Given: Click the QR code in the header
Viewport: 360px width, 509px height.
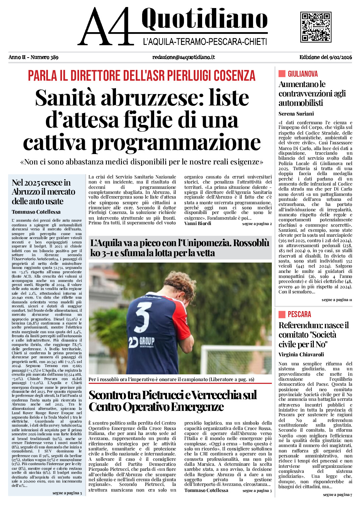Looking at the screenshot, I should point(316,27).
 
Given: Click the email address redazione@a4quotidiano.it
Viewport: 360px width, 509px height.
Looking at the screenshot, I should point(183,57).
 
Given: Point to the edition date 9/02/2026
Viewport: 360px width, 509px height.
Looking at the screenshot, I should point(341,57).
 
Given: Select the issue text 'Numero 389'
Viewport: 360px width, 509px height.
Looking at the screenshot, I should point(44,57).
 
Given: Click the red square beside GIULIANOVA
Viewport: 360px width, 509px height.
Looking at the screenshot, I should point(282,74).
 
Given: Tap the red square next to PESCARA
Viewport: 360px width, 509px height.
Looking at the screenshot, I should point(282,314).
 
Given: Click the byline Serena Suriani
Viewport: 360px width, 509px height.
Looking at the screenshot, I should point(296,114).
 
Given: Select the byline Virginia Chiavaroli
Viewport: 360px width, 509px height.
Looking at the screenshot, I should point(301,354).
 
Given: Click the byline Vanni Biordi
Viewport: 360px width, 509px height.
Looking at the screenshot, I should point(198,223).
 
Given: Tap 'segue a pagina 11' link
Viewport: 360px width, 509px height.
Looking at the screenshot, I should point(337,300).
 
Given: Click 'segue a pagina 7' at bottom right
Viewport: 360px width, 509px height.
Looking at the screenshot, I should point(337,495).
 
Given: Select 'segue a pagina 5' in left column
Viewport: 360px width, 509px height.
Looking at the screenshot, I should point(67,493).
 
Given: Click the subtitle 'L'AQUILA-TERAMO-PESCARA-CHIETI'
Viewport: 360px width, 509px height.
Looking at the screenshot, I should point(205,42).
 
